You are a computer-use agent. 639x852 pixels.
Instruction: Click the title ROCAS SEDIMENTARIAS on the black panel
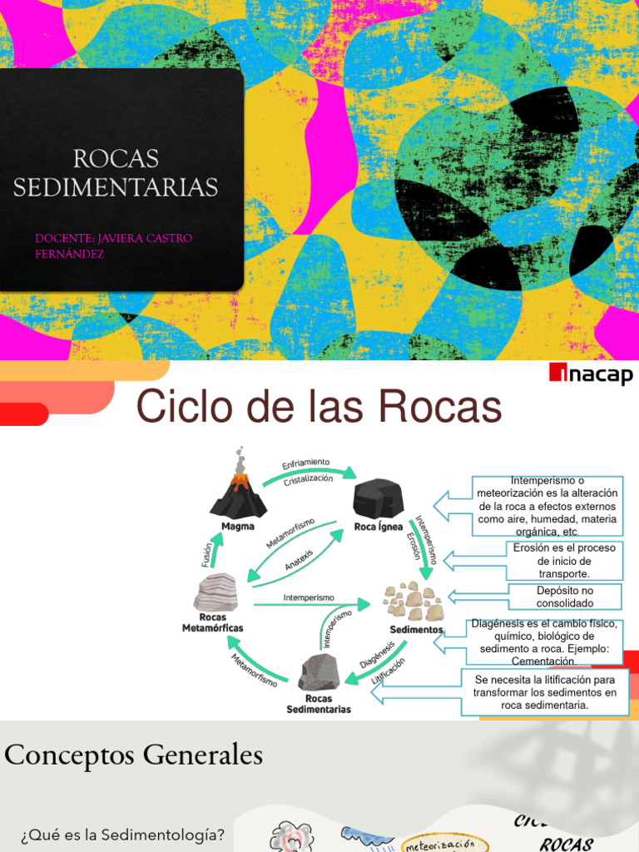pos(116,172)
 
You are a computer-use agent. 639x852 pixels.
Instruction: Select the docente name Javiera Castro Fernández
pos(113,245)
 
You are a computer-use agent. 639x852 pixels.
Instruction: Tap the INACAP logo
pos(591,375)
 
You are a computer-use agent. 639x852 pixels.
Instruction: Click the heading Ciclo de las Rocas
pos(319,408)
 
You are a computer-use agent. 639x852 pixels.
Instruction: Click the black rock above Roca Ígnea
pos(378,498)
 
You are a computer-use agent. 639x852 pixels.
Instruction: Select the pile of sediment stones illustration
pos(414,602)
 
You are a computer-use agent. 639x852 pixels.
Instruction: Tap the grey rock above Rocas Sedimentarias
pos(319,672)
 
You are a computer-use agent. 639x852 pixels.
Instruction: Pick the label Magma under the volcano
pos(238,526)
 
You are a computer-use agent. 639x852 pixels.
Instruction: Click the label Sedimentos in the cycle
pos(416,629)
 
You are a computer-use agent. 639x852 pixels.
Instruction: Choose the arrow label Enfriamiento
pos(306,463)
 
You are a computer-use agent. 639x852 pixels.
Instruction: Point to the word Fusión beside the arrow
pos(206,553)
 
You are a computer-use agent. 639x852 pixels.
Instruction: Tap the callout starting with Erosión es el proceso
pos(564,561)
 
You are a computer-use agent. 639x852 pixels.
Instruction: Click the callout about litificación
pos(545,692)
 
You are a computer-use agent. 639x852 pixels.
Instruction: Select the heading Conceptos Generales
pos(133,755)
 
